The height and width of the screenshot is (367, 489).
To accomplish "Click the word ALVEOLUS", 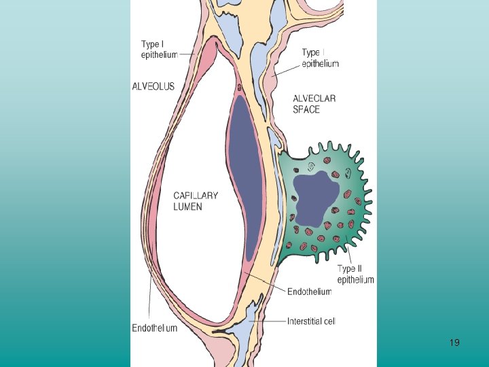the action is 153,86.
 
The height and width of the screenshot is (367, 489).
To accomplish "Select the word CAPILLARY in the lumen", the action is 196,196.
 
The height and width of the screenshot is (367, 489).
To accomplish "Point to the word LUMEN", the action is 187,206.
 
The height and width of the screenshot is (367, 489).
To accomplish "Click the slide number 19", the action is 454,343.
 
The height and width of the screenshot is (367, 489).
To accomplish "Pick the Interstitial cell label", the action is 312,321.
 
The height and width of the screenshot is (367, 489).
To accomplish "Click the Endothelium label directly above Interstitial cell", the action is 309,292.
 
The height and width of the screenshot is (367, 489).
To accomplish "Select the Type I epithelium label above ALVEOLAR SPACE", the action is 320,58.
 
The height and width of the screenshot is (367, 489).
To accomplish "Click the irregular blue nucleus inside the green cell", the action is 314,198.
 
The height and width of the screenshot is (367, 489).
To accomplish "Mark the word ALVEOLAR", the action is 314,99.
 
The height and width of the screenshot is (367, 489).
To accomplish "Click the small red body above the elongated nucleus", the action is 240,87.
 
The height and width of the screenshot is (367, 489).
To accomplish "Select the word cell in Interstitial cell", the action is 329,321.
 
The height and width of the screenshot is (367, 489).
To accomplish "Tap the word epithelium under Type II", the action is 355,279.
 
